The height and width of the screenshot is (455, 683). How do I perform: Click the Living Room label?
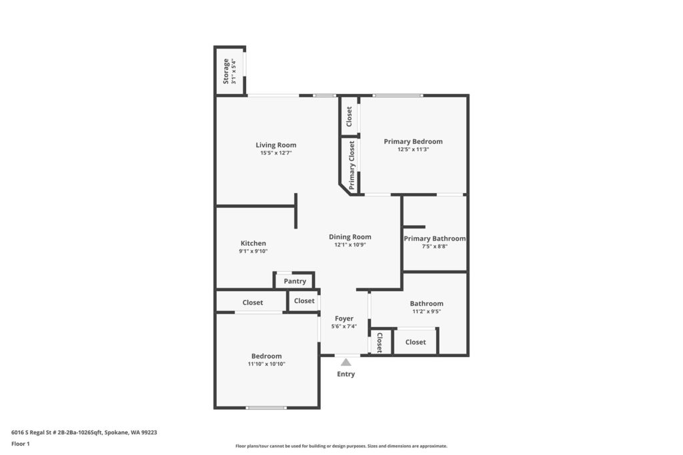[275, 145]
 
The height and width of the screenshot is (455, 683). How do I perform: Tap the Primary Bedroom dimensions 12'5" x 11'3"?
[413, 149]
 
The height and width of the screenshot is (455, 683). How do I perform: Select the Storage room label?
[225, 71]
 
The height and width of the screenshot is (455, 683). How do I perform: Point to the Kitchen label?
[253, 243]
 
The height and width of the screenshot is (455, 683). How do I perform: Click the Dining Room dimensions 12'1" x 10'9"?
[350, 244]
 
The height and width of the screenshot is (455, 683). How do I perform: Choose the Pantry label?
[295, 281]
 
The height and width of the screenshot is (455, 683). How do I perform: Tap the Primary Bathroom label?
[434, 238]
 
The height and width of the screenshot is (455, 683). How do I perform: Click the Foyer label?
[344, 318]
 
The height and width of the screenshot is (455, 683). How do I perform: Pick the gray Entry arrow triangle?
[346, 362]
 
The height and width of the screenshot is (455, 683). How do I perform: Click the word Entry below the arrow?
[346, 374]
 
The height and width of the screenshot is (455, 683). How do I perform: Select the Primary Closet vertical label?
[352, 165]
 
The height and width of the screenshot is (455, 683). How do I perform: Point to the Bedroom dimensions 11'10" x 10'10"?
[267, 364]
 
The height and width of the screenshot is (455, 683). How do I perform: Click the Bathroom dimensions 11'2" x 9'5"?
[426, 312]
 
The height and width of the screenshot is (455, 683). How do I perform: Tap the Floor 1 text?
[21, 444]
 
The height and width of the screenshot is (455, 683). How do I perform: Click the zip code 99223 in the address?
[149, 432]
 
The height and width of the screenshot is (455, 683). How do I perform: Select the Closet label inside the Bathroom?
[416, 342]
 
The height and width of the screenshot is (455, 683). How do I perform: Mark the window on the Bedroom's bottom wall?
[266, 408]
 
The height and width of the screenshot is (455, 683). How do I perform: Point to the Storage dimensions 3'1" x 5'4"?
[234, 71]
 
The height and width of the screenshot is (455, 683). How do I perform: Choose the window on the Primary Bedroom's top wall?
[398, 95]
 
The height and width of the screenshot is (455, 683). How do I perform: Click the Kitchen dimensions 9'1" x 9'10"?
[253, 251]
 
